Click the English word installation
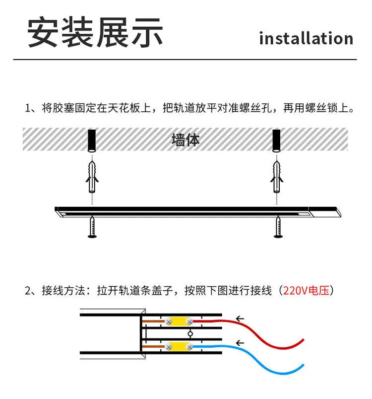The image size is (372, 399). [306, 38]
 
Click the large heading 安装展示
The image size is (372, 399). [95, 32]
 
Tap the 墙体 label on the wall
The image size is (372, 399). [186, 140]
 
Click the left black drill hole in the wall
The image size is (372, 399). [92, 141]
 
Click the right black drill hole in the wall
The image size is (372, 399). [276, 141]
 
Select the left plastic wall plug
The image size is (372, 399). [92, 177]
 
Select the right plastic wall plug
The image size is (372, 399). [277, 177]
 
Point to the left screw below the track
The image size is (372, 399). [92, 227]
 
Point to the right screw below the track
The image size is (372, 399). [278, 227]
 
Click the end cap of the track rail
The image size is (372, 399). [325, 212]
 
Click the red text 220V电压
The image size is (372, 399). [306, 290]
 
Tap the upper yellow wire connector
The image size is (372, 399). [179, 321]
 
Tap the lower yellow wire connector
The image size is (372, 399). [179, 346]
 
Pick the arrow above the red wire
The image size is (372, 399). [240, 319]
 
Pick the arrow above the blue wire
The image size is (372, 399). [240, 343]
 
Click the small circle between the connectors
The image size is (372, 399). [190, 334]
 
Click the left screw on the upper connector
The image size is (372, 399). [169, 321]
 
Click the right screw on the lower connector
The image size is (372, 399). [189, 347]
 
